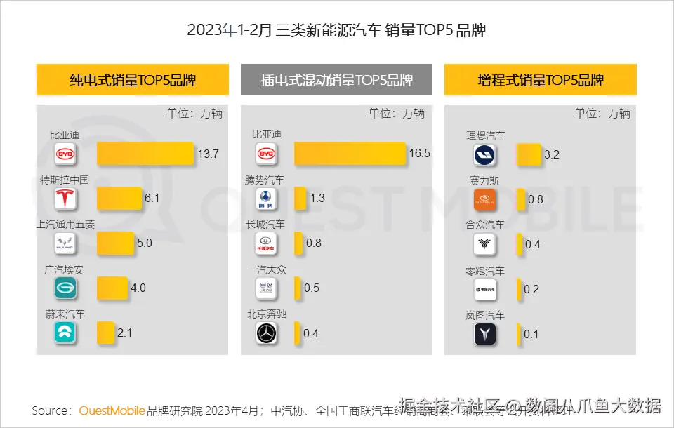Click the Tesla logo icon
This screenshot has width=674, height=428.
[65, 199]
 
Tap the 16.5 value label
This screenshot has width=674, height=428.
[419, 154]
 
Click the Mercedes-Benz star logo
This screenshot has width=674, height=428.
[267, 334]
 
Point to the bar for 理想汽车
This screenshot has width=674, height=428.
[529, 155]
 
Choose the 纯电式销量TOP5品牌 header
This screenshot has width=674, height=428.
[133, 80]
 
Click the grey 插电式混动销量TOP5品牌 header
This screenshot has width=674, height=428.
[336, 80]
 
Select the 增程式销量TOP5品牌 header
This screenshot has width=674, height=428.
[540, 80]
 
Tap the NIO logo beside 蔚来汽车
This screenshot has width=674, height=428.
[65, 333]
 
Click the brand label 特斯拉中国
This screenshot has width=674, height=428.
[65, 180]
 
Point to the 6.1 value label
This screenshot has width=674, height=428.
[152, 199]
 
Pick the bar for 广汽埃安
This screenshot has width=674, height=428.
[112, 288]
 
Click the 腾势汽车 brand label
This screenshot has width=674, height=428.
[265, 180]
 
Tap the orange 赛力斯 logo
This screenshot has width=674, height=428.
[485, 200]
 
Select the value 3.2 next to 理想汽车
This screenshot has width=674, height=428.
[552, 155]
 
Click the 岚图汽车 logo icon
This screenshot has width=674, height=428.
[485, 334]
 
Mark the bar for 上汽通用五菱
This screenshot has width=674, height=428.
[115, 243]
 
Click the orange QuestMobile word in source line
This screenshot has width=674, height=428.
[112, 410]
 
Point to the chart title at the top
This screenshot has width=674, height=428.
[337, 30]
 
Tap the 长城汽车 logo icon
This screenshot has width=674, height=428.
[267, 244]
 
